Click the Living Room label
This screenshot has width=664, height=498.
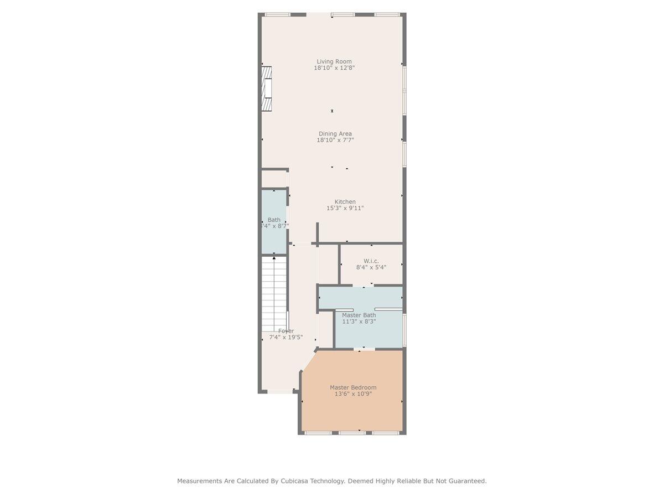pos(334,61)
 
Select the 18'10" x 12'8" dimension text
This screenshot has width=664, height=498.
pos(334,68)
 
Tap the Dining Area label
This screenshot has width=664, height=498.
pos(335,134)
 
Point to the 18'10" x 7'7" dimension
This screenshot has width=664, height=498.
pos(335,141)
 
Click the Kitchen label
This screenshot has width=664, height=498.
pos(345,202)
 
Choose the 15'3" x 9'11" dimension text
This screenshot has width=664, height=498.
pos(345,209)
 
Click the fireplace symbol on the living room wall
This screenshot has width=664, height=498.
pos(267,89)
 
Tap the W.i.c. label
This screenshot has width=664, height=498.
pos(371,261)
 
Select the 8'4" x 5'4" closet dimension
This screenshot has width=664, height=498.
pos(371,267)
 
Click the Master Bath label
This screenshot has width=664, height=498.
pos(359,315)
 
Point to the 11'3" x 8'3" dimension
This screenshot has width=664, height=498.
pos(359,321)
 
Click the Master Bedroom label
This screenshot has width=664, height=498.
pos(353,387)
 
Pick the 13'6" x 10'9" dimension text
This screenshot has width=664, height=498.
pos(353,394)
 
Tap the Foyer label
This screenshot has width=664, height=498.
pos(286,331)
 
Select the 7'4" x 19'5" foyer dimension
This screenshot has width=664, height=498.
pos(286,338)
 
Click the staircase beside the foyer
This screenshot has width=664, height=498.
pos(273,293)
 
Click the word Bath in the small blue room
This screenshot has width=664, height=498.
pos(274,220)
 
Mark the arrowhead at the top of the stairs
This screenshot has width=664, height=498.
pos(274,258)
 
